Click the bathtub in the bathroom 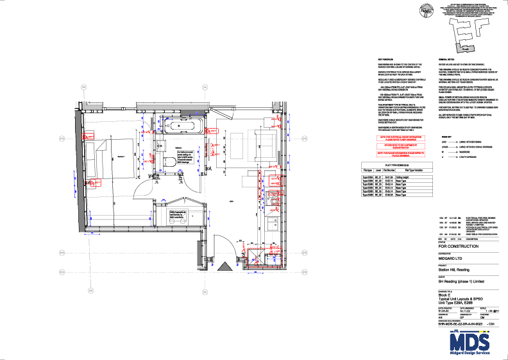coord(182,124)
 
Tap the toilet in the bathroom coord(170,161)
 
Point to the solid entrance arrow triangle coord(224,266)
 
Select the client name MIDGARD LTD coord(451,259)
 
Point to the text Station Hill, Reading coord(453,270)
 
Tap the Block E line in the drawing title coord(445,295)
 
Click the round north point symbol coord(424,10)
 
